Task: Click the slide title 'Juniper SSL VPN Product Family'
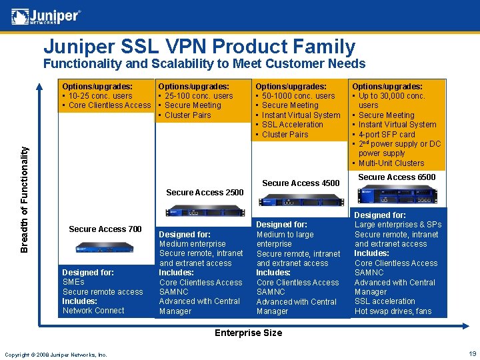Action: point(199,47)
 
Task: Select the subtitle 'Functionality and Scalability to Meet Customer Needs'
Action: point(204,64)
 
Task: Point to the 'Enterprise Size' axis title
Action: point(247,333)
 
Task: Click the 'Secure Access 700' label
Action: point(105,229)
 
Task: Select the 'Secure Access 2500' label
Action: point(205,193)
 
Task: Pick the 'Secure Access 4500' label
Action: point(301,183)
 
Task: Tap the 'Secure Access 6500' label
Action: point(397,177)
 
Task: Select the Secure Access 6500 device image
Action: point(397,196)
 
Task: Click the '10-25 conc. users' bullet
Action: point(101,96)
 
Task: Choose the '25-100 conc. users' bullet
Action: point(199,96)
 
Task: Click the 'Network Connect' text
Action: point(93,311)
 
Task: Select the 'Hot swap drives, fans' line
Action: point(393,311)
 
